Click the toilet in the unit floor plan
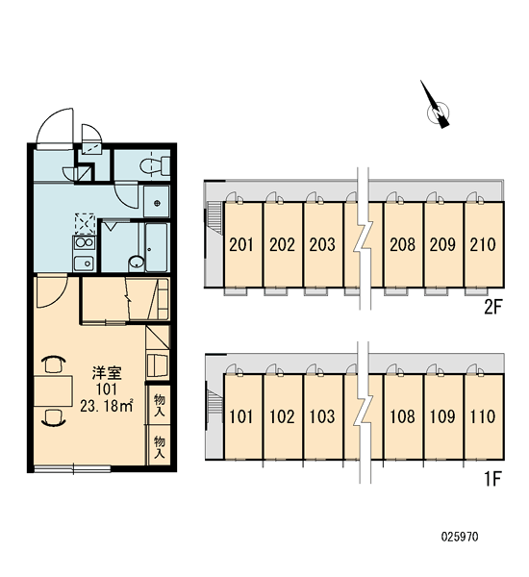155,165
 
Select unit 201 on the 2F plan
242,244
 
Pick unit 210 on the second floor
484,244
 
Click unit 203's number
322,244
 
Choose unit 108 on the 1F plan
403,416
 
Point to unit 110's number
483,417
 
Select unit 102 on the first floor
283,416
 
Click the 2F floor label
492,307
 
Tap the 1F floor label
492,479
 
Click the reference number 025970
460,537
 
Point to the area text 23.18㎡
107,406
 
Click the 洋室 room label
107,373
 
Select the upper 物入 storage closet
159,405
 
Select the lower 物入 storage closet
159,446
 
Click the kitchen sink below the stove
85,263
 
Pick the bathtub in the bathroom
157,247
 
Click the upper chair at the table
54,364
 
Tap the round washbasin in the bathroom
137,263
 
